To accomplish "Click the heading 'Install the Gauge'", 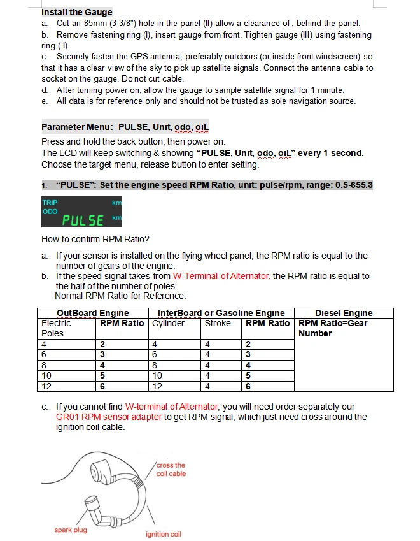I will pos(76,12).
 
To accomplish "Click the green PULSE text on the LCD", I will pos(83,220).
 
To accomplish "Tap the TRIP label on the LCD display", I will pos(50,203).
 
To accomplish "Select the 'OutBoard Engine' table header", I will pos(93,313).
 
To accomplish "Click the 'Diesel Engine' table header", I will pos(344,313).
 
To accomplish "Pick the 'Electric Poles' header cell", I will pos(56,328).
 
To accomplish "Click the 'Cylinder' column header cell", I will pos(169,323).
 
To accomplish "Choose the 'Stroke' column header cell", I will pos(218,323).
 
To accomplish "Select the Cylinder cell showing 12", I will pos(158,386).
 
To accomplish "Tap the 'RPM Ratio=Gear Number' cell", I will pos(333,328).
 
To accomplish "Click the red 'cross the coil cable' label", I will pos(171,469).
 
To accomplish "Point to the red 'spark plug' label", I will pos(71,530).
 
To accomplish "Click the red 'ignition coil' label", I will pos(164,534).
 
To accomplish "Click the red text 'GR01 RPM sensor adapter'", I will pos(109,417).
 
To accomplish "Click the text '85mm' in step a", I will pos(95,23).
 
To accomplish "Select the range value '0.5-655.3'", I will pos(351,185).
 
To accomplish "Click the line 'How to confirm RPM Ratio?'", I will pos(95,240).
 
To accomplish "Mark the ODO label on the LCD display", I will pos(50,210).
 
